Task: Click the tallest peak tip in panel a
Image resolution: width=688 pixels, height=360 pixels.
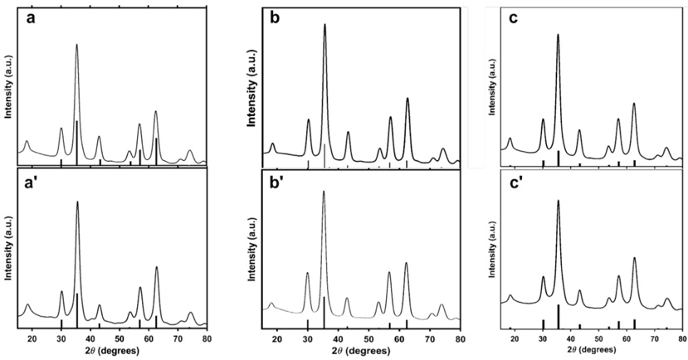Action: (77, 45)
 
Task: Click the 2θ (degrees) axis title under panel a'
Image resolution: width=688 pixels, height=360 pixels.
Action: (111, 352)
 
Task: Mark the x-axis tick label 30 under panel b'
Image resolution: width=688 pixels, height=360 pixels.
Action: (308, 340)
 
